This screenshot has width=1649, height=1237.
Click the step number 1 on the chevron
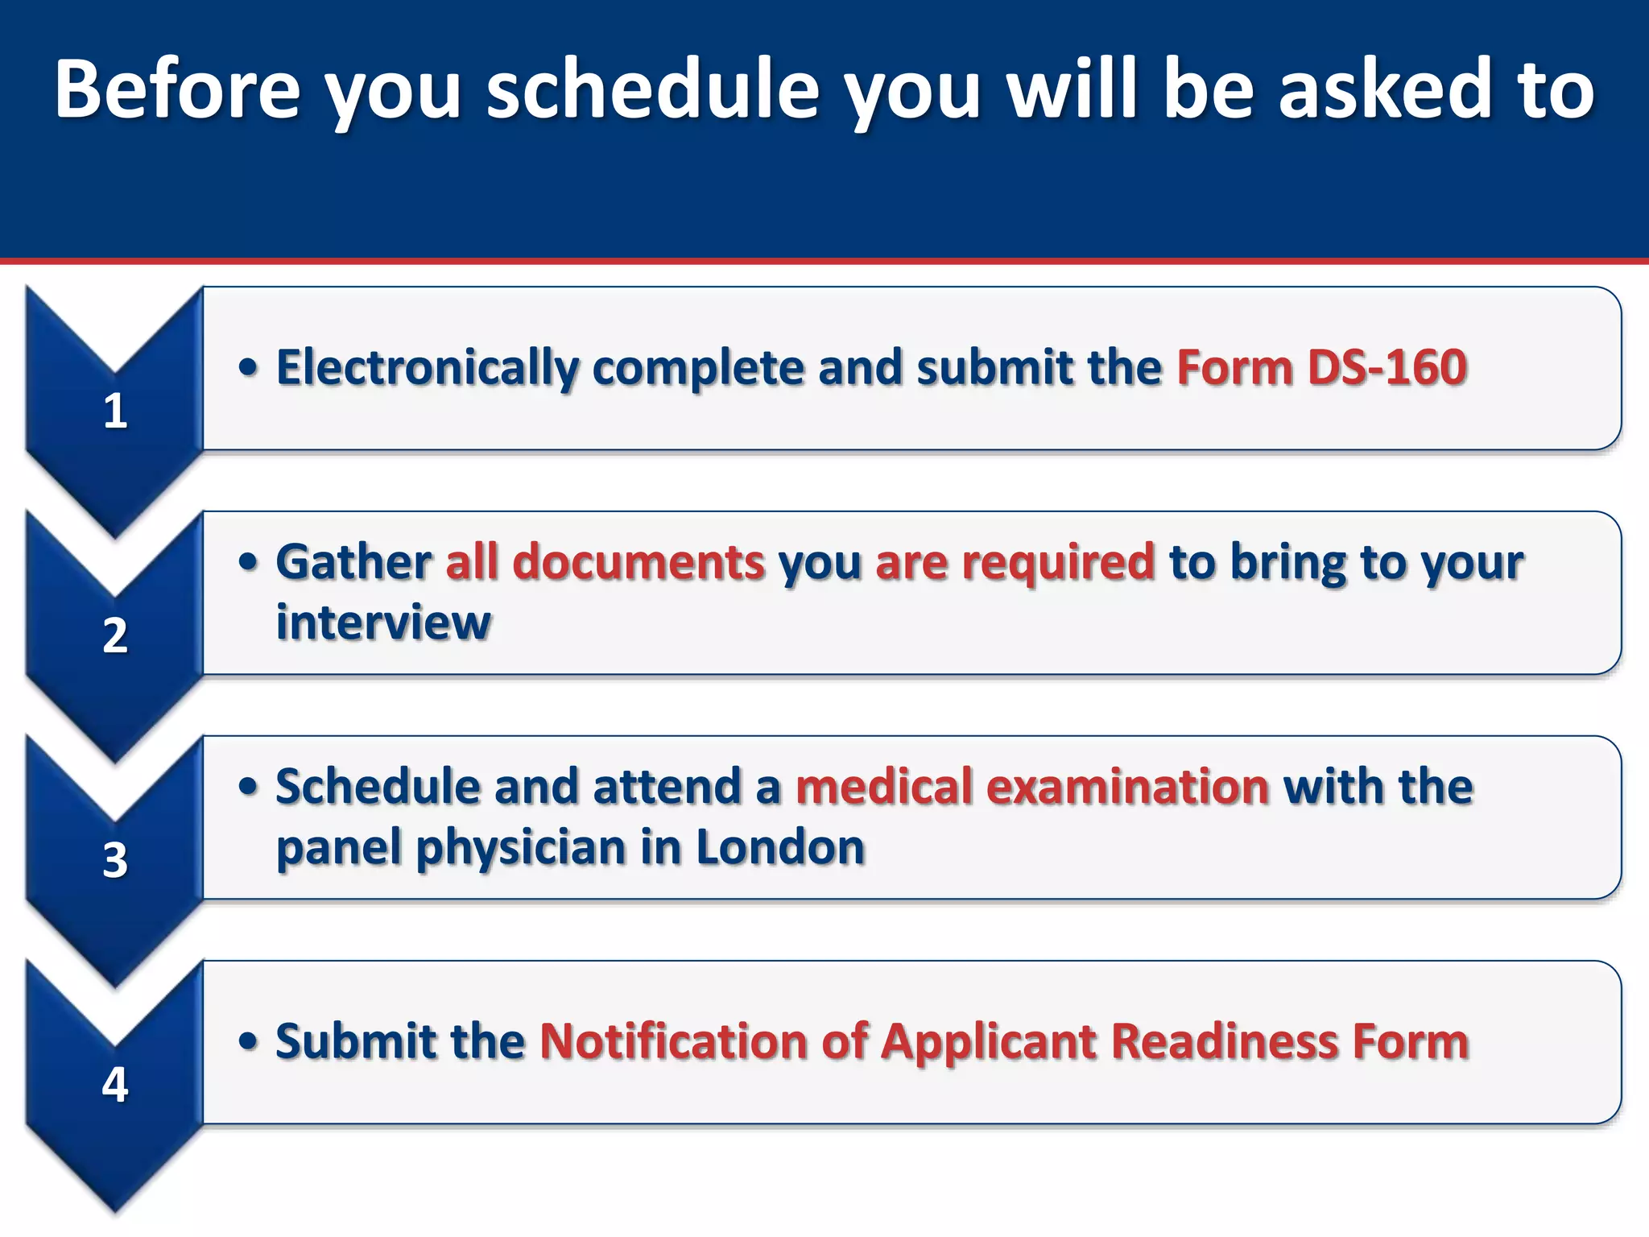pyautogui.click(x=115, y=411)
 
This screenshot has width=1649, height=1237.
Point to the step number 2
pyautogui.click(x=115, y=635)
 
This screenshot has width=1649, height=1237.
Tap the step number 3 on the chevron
pyautogui.click(x=115, y=860)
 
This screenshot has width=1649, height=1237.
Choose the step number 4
pyautogui.click(x=115, y=1085)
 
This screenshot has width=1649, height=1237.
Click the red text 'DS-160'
pyautogui.click(x=1387, y=367)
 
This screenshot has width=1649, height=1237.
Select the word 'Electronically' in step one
pyautogui.click(x=427, y=369)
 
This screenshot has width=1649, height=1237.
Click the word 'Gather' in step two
pyautogui.click(x=353, y=561)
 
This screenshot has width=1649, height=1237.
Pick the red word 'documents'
pyautogui.click(x=639, y=561)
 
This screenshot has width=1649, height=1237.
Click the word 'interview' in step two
pyautogui.click(x=383, y=623)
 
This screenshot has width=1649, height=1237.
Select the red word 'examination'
pyautogui.click(x=1128, y=786)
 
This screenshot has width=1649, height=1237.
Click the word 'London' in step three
pyautogui.click(x=779, y=847)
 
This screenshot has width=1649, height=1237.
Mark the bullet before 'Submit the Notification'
pyautogui.click(x=248, y=1041)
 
